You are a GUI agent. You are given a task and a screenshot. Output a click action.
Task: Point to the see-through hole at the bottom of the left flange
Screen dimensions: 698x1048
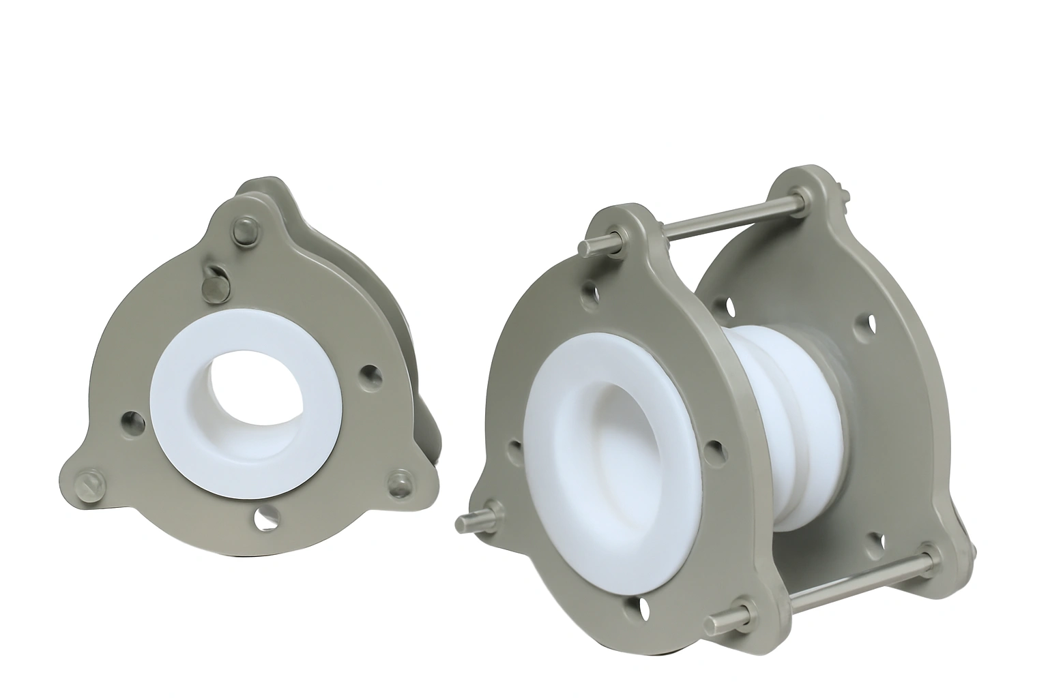point(263,517)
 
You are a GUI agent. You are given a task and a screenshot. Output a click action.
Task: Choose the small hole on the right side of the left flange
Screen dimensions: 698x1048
point(370,374)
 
